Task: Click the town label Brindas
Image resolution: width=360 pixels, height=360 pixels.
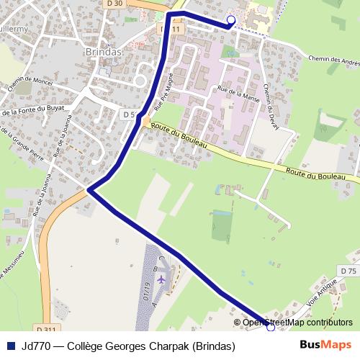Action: click(104, 53)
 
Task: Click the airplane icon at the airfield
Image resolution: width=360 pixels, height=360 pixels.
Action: click(161, 277)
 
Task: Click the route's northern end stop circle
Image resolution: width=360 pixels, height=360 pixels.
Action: click(230, 20)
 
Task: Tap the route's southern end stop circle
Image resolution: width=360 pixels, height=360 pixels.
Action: click(271, 326)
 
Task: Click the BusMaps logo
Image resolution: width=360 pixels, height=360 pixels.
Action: click(325, 346)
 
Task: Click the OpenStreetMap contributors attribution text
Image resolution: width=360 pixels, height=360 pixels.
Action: click(297, 323)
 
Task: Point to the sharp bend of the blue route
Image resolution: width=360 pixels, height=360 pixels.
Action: click(89, 189)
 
